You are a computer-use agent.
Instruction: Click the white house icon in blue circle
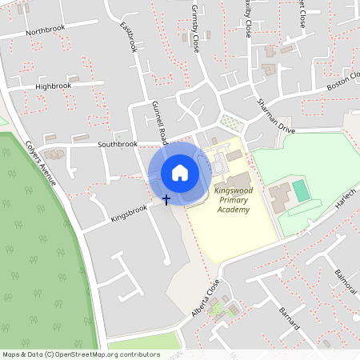click(180, 172)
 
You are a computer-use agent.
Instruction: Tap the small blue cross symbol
click(166, 198)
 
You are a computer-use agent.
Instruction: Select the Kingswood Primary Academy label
click(233, 200)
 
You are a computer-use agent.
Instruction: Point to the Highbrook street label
click(53, 86)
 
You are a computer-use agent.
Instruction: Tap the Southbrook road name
click(117, 145)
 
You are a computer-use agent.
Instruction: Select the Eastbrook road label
click(129, 37)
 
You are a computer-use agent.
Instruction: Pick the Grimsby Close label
click(195, 29)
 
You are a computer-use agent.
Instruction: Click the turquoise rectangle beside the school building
click(300, 190)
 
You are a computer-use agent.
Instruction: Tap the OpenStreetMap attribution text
click(80, 354)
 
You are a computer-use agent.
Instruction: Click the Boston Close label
click(343, 81)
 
